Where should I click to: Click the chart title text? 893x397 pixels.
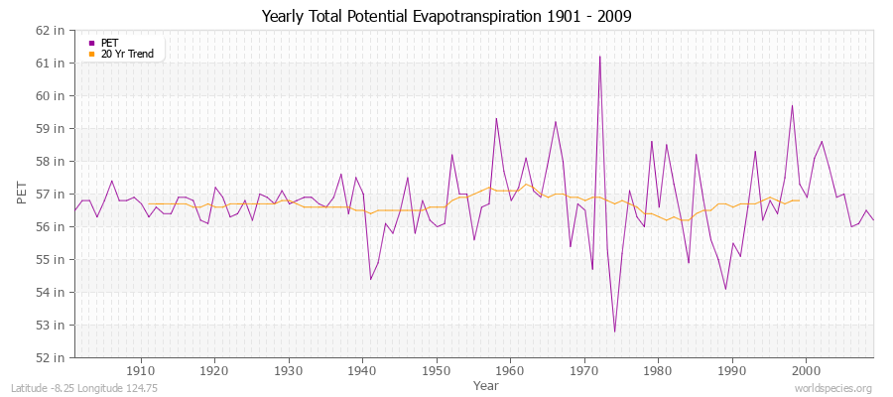tap(446, 16)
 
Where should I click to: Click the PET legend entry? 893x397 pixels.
tap(109, 43)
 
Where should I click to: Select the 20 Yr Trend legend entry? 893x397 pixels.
tap(127, 54)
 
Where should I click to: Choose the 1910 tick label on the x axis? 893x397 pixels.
tap(140, 370)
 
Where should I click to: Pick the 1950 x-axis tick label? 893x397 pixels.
tap(436, 370)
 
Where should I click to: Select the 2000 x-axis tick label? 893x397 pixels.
tap(806, 370)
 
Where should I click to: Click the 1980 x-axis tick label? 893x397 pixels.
tap(658, 370)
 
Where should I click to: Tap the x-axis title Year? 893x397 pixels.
tap(486, 384)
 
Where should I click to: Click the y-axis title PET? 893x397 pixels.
tap(22, 194)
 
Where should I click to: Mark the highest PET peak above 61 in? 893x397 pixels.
tap(599, 57)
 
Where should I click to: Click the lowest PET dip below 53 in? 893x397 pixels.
tap(614, 331)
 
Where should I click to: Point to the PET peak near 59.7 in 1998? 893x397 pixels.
tap(792, 105)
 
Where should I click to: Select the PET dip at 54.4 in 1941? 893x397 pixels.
tap(370, 279)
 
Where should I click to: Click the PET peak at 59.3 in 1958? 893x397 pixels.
tap(496, 118)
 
